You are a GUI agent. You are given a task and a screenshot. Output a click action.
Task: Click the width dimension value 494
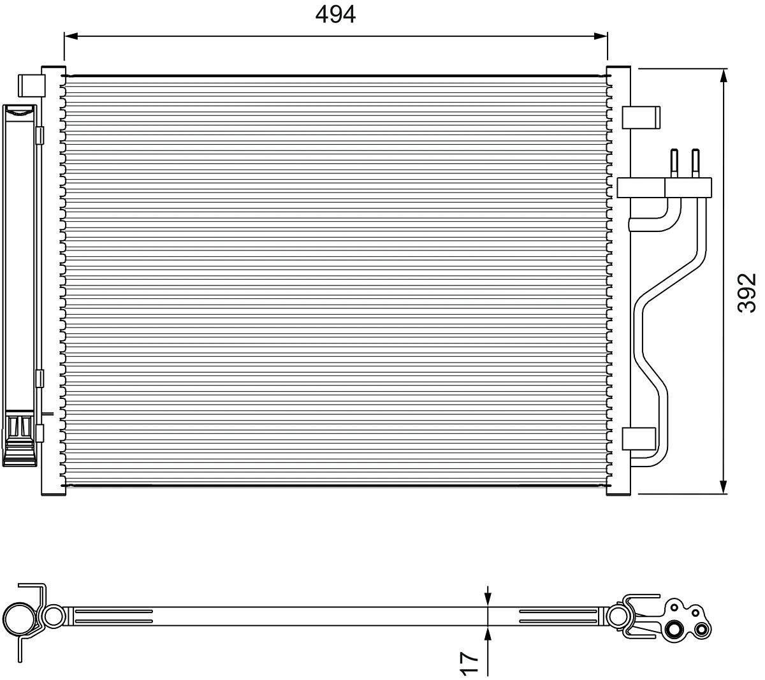[x=335, y=14]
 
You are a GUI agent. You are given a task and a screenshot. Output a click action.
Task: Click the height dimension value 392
[x=746, y=293]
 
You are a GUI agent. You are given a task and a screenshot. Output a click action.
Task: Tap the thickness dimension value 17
[x=469, y=663]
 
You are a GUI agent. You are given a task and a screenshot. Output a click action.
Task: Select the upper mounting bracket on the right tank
[x=641, y=117]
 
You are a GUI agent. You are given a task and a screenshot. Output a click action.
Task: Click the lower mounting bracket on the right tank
[x=638, y=438]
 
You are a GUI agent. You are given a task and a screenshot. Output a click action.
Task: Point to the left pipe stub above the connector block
[x=673, y=162]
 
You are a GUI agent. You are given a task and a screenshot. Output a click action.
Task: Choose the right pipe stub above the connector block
[x=696, y=162]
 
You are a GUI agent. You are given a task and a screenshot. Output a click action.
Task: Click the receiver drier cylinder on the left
[x=19, y=268]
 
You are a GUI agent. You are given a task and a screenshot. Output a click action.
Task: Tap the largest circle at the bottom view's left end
[x=19, y=618]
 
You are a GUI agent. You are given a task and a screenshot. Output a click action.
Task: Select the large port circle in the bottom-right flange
[x=673, y=630]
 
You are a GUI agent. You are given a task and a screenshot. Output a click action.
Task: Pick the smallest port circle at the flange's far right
[x=702, y=630]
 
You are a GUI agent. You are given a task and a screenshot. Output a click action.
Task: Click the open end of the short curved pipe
[x=632, y=224]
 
